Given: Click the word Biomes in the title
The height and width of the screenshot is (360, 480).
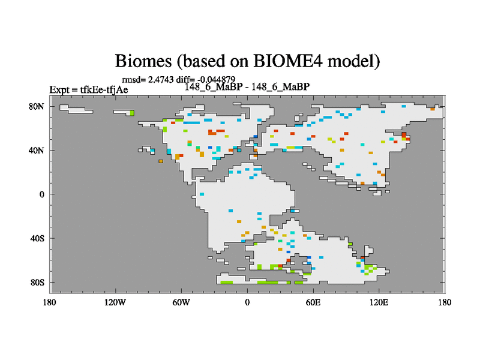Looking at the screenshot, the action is [x=143, y=61].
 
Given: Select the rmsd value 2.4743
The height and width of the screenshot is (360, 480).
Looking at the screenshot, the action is [x=161, y=80].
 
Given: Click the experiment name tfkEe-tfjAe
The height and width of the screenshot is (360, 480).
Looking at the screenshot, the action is [x=104, y=89].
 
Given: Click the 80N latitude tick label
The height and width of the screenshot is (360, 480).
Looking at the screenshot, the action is [x=37, y=107].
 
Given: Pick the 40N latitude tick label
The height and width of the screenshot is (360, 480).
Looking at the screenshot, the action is [x=37, y=151].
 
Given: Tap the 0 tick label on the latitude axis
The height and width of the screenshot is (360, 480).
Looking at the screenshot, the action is [x=41, y=194].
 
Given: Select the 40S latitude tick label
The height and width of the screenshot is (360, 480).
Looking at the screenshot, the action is [x=37, y=238].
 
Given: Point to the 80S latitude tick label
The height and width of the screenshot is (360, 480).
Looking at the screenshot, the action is [x=37, y=282].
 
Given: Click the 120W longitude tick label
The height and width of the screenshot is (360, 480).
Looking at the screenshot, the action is [x=115, y=302].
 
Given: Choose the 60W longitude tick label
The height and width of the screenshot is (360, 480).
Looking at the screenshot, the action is [x=181, y=302].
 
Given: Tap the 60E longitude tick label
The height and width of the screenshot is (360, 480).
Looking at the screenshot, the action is [x=313, y=302].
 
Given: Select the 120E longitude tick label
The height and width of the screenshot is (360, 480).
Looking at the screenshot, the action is [x=379, y=302].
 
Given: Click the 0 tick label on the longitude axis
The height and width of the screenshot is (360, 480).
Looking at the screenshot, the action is [x=247, y=302].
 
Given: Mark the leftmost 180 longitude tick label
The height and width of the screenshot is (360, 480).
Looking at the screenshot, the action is [x=49, y=302].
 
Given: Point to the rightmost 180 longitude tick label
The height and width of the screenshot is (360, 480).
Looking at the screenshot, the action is [x=445, y=302].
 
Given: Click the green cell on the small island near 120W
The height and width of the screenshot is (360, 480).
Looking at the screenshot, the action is [x=132, y=113].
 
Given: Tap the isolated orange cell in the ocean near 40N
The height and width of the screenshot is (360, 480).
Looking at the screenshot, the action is [x=161, y=161].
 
